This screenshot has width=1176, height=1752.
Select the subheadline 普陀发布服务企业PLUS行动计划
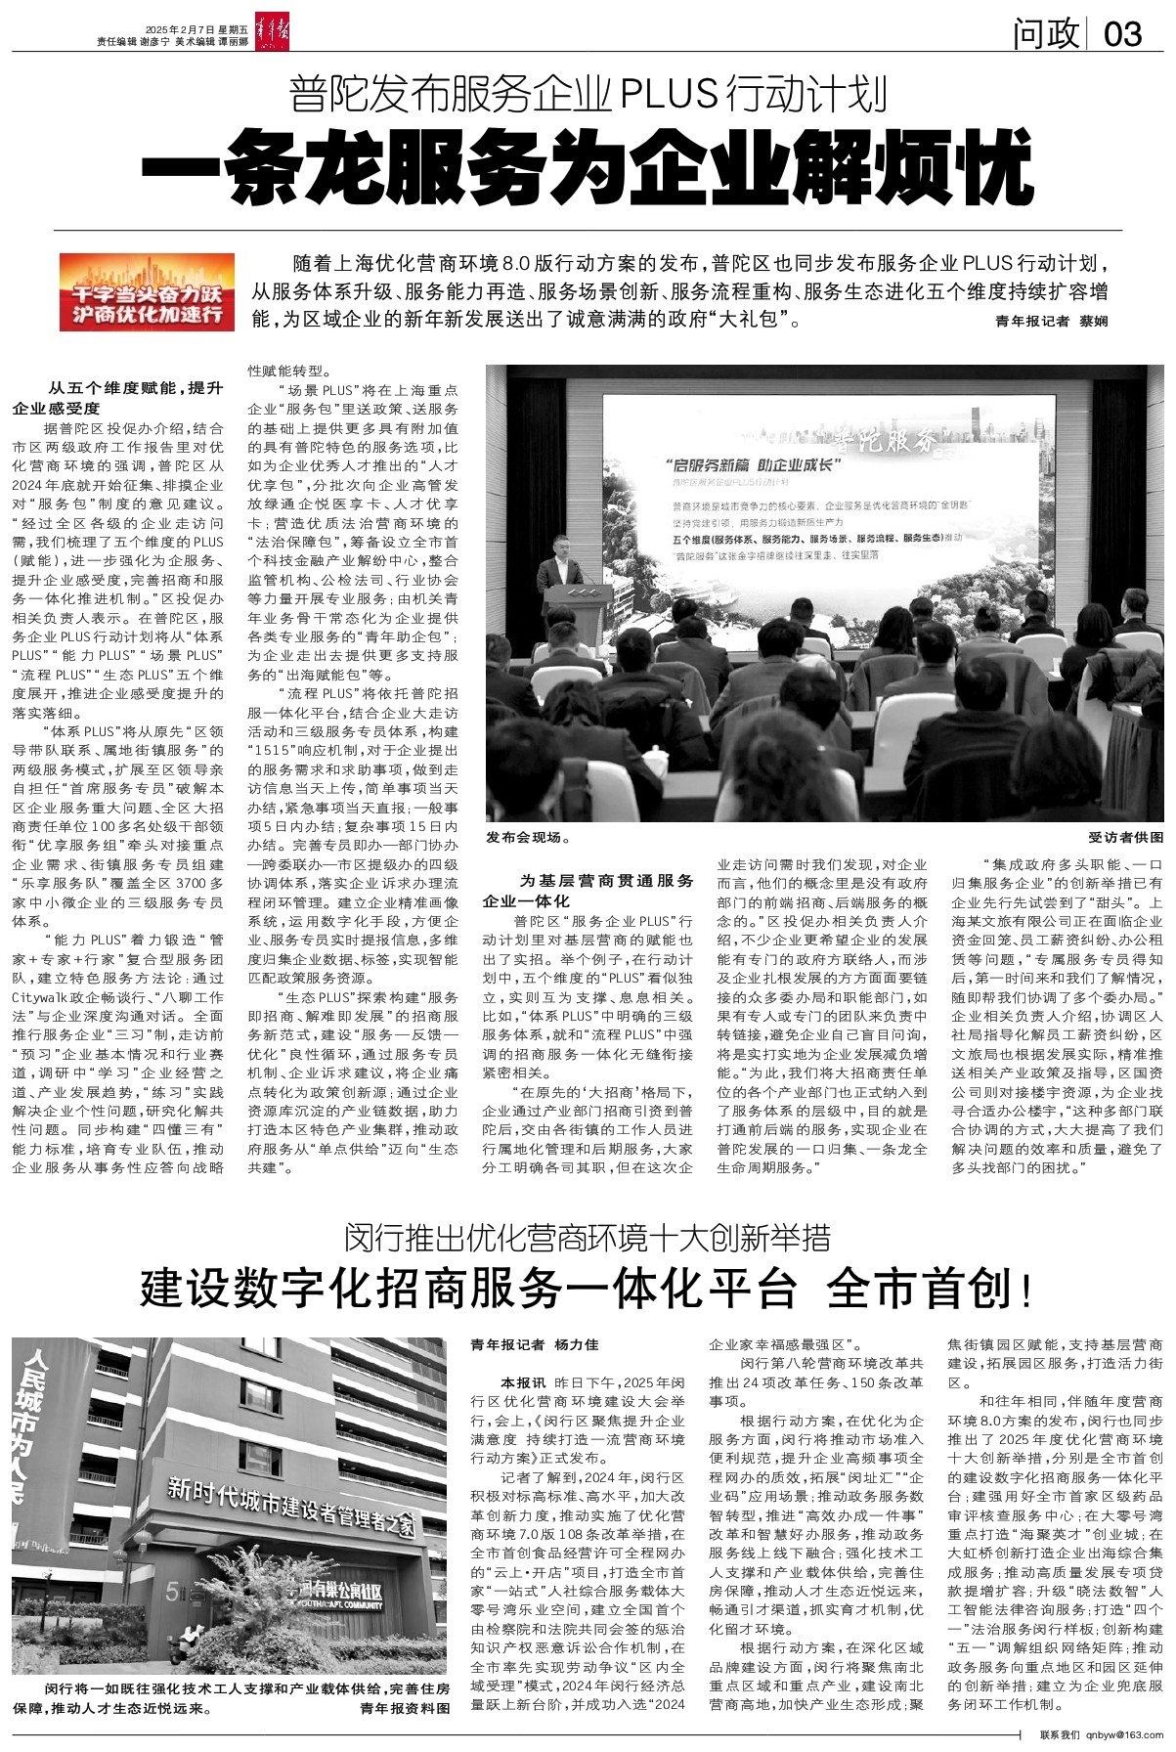(588, 96)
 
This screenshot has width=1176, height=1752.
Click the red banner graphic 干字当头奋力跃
(147, 291)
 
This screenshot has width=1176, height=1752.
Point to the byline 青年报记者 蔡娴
(1052, 321)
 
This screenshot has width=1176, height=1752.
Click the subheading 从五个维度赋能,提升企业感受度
(119, 398)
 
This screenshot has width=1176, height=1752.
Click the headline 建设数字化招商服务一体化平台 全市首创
(588, 1291)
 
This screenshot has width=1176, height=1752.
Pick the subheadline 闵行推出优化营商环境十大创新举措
(588, 1240)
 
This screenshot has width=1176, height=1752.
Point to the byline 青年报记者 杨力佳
(535, 1345)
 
